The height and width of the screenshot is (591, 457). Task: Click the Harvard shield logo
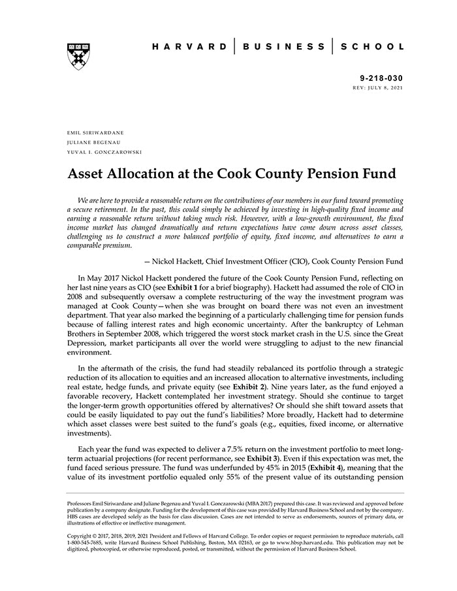(78, 56)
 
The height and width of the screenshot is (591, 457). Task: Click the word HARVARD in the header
(189, 47)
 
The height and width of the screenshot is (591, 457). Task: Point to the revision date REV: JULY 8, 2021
(377, 87)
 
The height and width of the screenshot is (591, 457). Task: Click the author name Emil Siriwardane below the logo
(95, 132)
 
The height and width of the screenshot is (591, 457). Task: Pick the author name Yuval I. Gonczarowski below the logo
(104, 152)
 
